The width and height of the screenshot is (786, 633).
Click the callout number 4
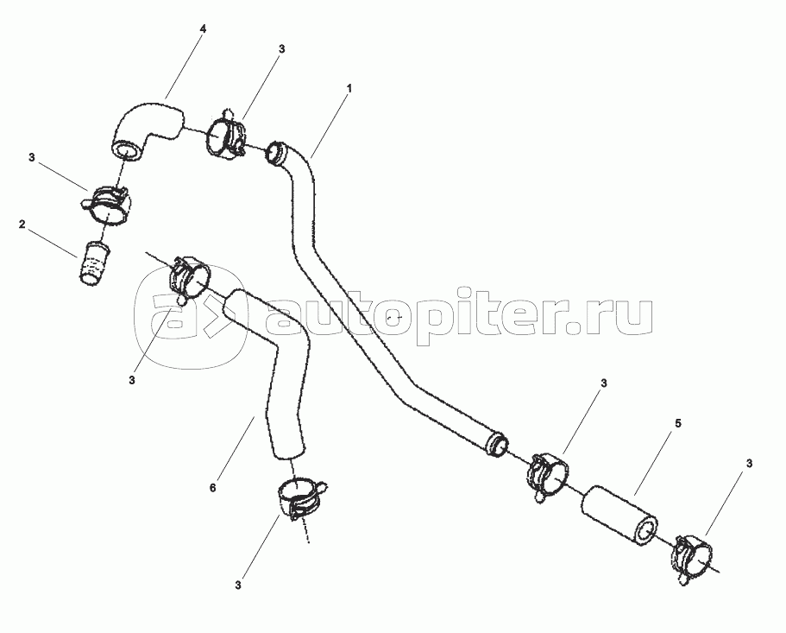(x=203, y=28)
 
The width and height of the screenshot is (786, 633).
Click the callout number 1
(x=349, y=88)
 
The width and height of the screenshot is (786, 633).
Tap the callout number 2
(x=22, y=224)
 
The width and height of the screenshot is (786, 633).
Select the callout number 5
(x=678, y=424)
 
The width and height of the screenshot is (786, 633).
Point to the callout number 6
(x=212, y=487)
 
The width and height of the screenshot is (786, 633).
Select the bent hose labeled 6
(x=274, y=371)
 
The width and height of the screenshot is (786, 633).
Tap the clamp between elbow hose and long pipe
(x=224, y=136)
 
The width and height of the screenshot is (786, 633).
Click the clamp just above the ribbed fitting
(x=106, y=205)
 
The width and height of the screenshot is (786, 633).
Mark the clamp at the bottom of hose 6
(x=302, y=497)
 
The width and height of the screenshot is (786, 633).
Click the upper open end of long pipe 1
(x=275, y=153)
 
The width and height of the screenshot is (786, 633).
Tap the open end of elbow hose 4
(x=125, y=152)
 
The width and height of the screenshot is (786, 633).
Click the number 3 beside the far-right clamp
(x=749, y=464)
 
